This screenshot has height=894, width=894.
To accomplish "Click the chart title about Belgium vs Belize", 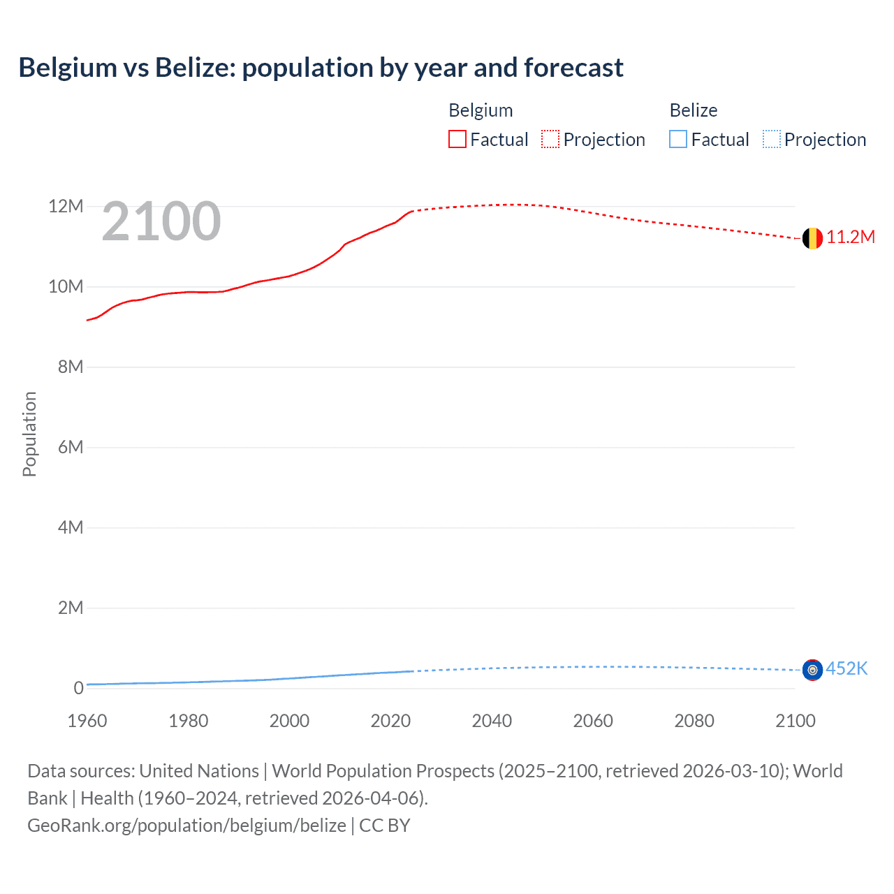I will [321, 68].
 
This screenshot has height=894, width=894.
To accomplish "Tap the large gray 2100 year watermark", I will [161, 221].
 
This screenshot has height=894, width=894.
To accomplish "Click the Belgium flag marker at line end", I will [812, 238].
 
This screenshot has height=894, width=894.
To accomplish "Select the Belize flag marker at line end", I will [812, 670].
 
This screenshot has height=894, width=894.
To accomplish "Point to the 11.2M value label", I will [851, 237].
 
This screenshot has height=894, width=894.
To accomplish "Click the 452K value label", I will [847, 669].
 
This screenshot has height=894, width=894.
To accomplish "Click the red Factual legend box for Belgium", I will [457, 140].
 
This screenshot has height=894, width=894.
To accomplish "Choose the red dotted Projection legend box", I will [550, 140].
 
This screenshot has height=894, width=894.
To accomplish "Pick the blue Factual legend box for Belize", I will [678, 140].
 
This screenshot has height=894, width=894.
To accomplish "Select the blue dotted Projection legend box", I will [772, 140].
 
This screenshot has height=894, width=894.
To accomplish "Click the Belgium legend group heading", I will [481, 110].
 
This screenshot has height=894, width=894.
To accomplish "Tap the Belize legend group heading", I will [694, 110].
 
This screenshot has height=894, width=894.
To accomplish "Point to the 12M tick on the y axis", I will [66, 207].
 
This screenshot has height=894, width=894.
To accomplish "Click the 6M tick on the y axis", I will [70, 448].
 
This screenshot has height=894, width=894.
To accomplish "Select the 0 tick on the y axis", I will [78, 689].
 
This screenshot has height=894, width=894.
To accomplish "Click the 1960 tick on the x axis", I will [87, 721].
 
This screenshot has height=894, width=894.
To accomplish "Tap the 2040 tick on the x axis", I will [492, 721].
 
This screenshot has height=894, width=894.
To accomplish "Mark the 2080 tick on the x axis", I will [694, 721].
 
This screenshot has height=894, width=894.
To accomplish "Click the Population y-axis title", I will [29, 434].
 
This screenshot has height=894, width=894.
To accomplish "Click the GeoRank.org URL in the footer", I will [186, 826].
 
